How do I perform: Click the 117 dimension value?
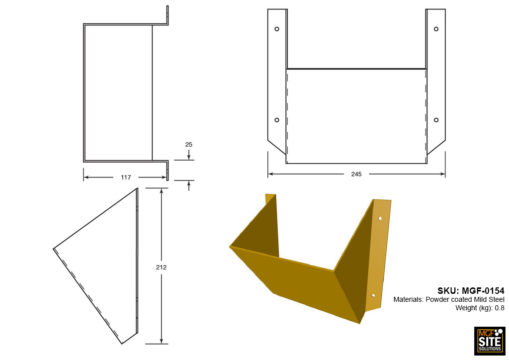pyautogui.click(x=125, y=177)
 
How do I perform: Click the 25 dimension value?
pyautogui.click(x=188, y=144)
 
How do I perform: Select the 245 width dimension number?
pyautogui.click(x=356, y=174)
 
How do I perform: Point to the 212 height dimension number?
pyautogui.click(x=161, y=267)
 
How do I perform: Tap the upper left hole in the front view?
pyautogui.click(x=277, y=29)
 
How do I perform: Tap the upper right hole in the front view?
pyautogui.click(x=436, y=29)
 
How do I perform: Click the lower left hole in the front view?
pyautogui.click(x=277, y=120)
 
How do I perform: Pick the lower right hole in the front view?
pyautogui.click(x=436, y=120)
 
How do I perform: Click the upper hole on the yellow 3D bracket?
pyautogui.click(x=380, y=218)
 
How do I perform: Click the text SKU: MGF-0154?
pyautogui.click(x=471, y=290)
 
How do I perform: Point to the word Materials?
pyautogui.click(x=408, y=299)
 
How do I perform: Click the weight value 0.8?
pyautogui.click(x=500, y=308)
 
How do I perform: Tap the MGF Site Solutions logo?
pyautogui.click(x=490, y=341)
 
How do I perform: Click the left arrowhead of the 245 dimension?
pyautogui.click(x=270, y=174)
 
